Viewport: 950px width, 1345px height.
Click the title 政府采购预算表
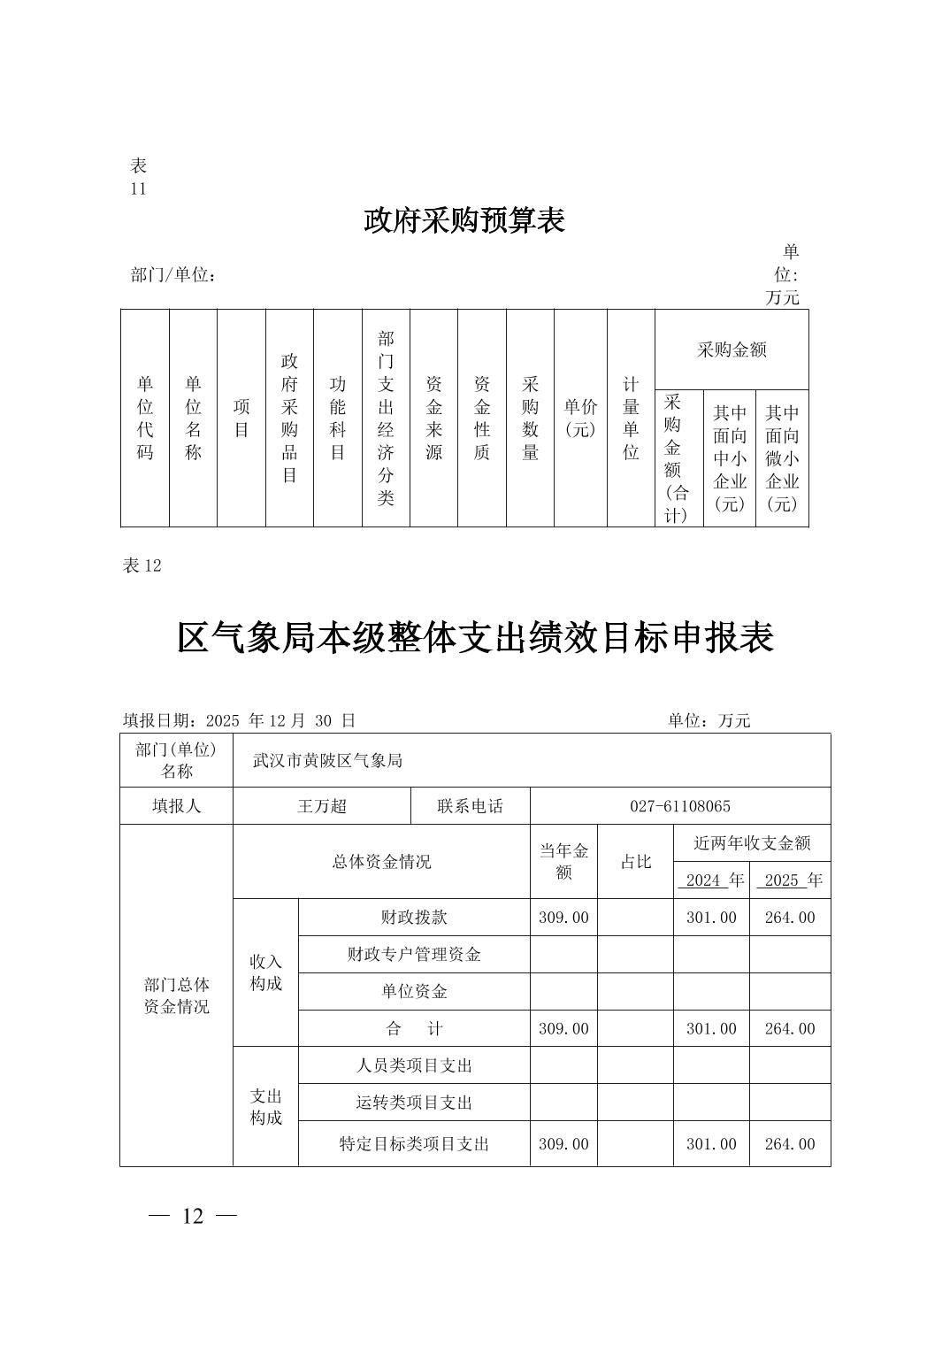pos(464,220)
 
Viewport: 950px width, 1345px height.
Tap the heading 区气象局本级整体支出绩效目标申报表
pos(475,637)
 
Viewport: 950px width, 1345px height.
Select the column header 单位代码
pos(145,418)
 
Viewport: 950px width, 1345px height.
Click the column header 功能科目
pos(337,418)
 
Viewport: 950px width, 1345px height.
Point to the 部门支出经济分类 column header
pos(386,418)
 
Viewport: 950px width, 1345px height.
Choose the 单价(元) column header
pos(580,418)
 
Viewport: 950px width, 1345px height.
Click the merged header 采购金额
pos(732,350)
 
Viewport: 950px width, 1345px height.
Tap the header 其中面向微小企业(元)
pos(782,458)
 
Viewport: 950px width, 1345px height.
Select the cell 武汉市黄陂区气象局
pos(327,760)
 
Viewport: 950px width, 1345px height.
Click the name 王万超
pos(322,806)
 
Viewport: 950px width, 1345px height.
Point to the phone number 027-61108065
pos(679,806)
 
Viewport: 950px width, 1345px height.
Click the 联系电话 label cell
pos(470,806)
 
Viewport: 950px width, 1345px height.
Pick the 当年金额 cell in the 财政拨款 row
pos(563,918)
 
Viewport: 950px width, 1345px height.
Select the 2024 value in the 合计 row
pos(711,1029)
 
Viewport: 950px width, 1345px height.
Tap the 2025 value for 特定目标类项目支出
pos(789,1144)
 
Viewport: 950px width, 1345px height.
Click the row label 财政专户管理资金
pos(414,955)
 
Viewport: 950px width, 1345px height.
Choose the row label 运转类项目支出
pos(414,1103)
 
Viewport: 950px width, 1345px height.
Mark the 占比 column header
pos(635,862)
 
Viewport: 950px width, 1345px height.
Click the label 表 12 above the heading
pos(142,566)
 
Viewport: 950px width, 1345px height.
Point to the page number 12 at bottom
pos(193,1217)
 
